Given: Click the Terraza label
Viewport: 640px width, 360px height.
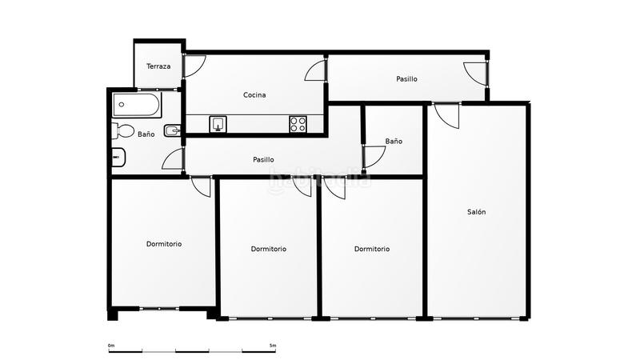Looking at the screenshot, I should tap(158, 66).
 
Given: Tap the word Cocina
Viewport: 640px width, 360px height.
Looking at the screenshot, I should tap(254, 95).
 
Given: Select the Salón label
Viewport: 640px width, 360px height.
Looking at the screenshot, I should tap(477, 212).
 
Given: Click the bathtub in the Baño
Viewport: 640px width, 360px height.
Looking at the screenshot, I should tap(137, 104).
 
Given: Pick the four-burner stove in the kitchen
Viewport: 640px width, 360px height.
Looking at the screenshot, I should tap(298, 124).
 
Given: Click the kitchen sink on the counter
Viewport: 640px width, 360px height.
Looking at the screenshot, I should tap(218, 124).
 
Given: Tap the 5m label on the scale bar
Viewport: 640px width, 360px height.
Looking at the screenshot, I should tap(273, 346).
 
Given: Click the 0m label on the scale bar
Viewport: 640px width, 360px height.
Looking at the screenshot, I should tap(111, 346).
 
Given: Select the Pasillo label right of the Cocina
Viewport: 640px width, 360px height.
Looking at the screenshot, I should tap(406, 79).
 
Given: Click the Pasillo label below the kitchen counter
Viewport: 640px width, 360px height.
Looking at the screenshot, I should tap(263, 159).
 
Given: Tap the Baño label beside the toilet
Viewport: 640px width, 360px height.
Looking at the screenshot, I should tap(146, 134).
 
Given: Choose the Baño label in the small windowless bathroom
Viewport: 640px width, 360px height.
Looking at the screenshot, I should tap(394, 142).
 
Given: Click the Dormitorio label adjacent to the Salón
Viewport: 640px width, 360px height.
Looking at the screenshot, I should tap(372, 249).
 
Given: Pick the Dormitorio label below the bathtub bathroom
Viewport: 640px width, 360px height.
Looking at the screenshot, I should tap(163, 243).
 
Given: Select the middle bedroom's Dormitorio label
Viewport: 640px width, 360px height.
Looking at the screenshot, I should tap(268, 249).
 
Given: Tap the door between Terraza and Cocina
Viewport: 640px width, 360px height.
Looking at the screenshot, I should tap(194, 66).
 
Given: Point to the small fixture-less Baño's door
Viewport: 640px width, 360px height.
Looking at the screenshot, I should tap(373, 156).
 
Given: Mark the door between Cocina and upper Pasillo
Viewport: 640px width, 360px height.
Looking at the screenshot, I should tap(316, 70).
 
